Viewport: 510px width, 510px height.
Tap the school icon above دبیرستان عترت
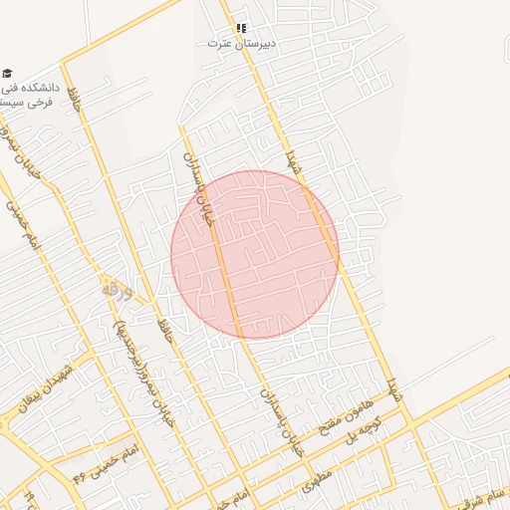coord(241,28)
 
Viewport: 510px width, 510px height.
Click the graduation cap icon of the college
coord(8,73)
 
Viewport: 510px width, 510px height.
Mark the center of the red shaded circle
coord(255,254)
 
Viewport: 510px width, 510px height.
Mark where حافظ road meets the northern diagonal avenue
coord(64,65)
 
